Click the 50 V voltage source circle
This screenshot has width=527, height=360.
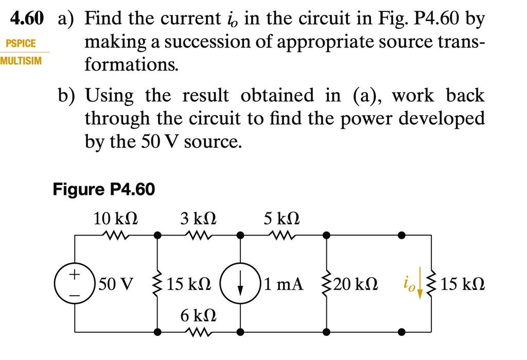75,284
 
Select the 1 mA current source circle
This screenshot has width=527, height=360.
240,284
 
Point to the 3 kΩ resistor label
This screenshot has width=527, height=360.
198,219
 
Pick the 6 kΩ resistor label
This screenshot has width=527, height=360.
198,315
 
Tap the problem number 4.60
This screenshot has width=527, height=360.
27,20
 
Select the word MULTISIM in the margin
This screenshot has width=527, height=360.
21,61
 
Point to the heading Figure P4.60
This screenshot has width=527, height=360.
103,190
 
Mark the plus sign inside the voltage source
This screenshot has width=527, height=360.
75,274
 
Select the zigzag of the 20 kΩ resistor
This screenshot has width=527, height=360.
326,284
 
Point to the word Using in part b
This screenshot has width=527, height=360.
109,96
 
